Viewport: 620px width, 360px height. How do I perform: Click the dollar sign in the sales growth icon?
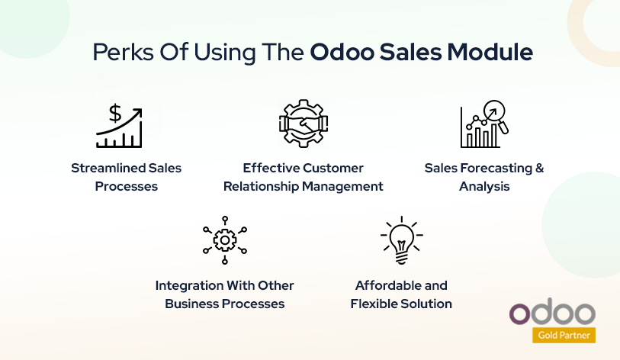tap(115, 114)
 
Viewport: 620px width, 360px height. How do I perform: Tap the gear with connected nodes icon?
tap(224, 239)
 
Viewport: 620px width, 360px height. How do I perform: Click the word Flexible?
tap(374, 304)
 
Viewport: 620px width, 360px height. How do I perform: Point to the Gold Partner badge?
tap(564, 334)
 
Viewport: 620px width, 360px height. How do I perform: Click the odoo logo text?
tap(552, 313)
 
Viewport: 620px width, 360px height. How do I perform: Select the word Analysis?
tap(484, 186)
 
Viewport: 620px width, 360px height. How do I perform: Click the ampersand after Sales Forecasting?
tap(539, 168)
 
